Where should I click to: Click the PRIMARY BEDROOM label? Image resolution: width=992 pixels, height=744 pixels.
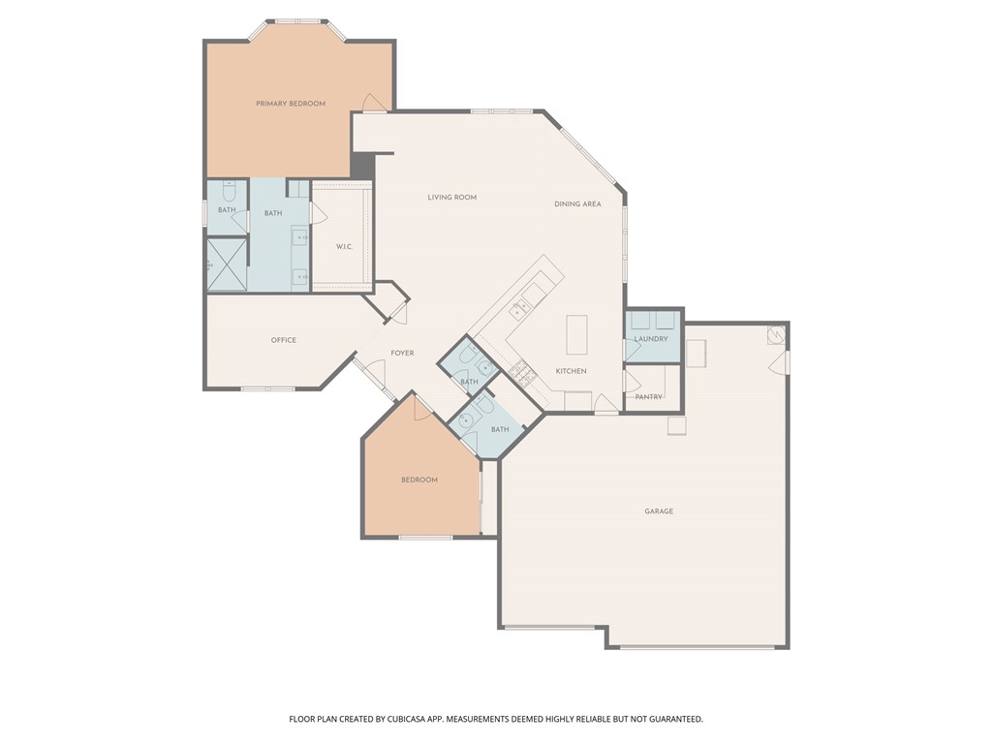pyautogui.click(x=290, y=104)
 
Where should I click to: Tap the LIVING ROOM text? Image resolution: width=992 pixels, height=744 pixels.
pyautogui.click(x=451, y=198)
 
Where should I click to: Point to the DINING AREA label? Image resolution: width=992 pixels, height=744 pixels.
pyautogui.click(x=577, y=204)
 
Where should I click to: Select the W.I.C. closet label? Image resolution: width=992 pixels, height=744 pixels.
pyautogui.click(x=344, y=247)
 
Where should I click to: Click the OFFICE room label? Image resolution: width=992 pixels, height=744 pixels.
pyautogui.click(x=283, y=340)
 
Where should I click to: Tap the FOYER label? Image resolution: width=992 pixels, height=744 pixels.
pyautogui.click(x=402, y=353)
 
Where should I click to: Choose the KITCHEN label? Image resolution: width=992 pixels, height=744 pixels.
pyautogui.click(x=571, y=371)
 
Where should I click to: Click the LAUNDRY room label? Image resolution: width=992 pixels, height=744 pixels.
pyautogui.click(x=651, y=339)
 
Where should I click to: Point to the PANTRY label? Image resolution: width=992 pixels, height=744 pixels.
pyautogui.click(x=648, y=397)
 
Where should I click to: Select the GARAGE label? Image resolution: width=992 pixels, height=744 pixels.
pyautogui.click(x=659, y=511)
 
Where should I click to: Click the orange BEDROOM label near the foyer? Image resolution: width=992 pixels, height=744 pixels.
pyautogui.click(x=419, y=480)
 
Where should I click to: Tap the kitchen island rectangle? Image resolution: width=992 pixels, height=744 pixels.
pyautogui.click(x=577, y=335)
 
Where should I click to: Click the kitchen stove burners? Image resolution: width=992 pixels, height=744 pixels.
pyautogui.click(x=518, y=369)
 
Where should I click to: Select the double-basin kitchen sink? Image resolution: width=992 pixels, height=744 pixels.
pyautogui.click(x=520, y=308)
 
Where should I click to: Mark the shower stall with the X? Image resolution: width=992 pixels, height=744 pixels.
pyautogui.click(x=227, y=264)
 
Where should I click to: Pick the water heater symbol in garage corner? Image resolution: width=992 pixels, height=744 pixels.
pyautogui.click(x=776, y=335)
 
